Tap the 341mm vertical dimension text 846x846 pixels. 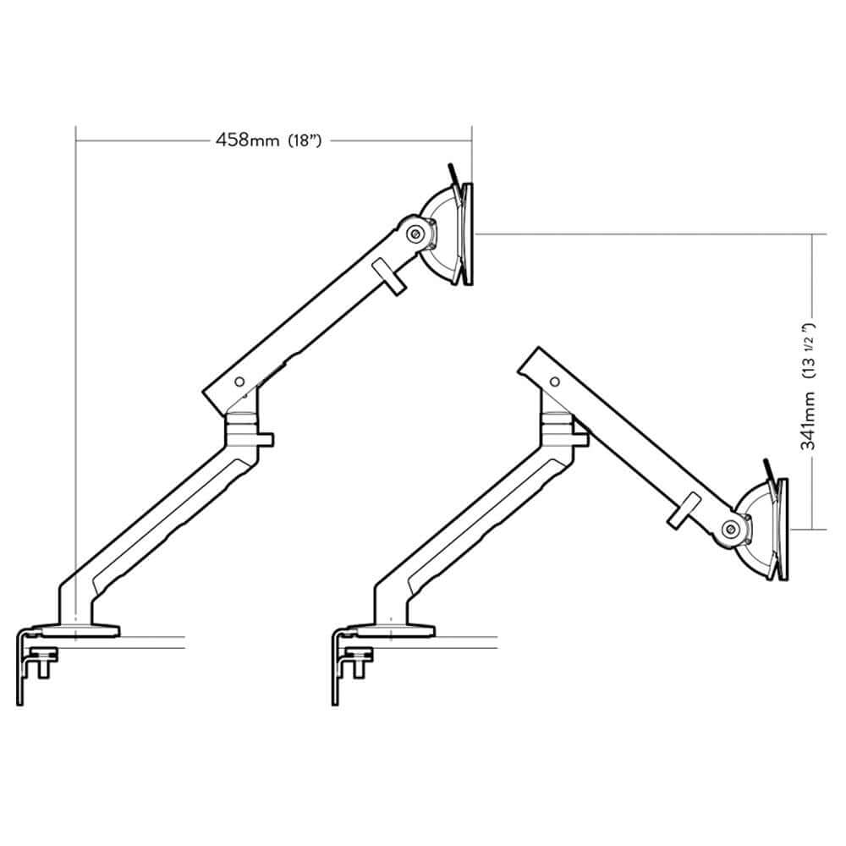tap(809, 426)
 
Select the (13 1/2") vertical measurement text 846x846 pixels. tap(809, 348)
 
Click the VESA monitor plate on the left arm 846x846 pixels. tap(468, 234)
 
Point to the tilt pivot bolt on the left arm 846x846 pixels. tap(416, 234)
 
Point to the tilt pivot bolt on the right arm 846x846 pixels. tap(730, 530)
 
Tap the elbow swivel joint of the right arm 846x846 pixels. tap(556, 420)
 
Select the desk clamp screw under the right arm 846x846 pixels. tap(360, 656)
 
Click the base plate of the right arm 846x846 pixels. tap(393, 629)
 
